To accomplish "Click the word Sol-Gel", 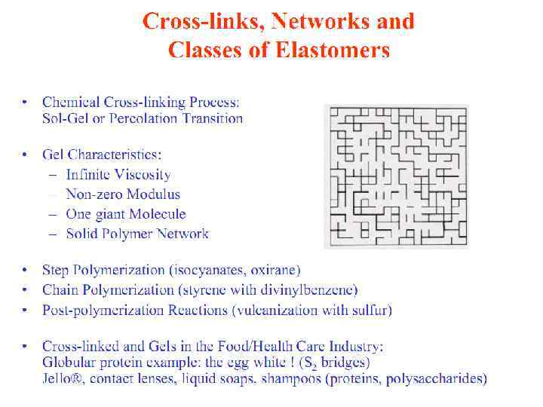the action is tap(63, 118).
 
